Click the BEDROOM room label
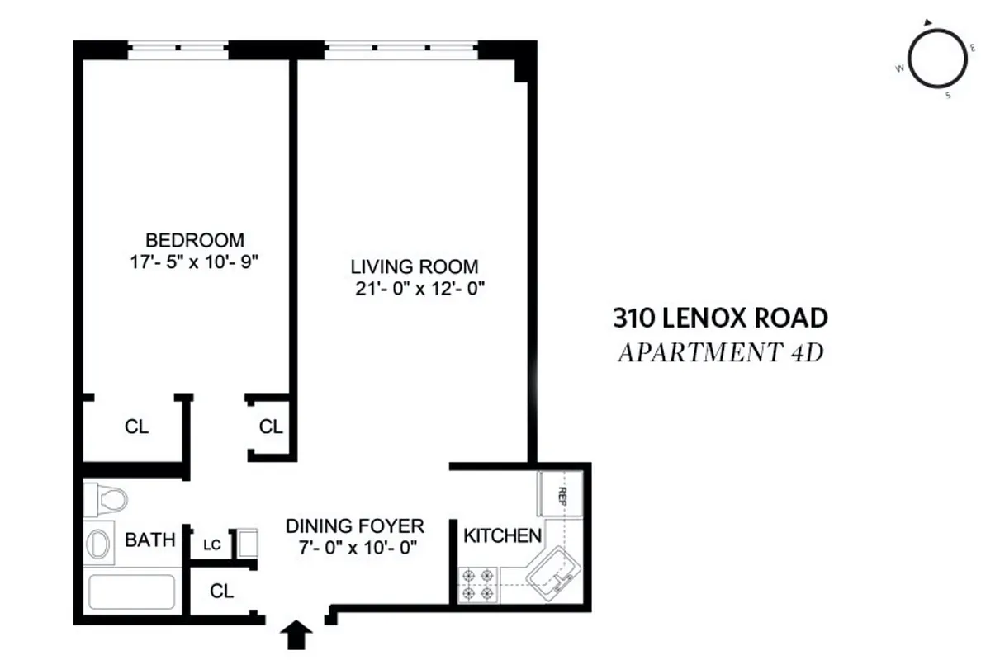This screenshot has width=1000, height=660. click(194, 240)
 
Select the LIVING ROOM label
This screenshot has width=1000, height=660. click(415, 266)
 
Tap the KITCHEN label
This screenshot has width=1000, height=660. click(502, 535)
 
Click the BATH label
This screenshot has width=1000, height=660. click(149, 540)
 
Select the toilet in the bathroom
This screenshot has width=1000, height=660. click(106, 499)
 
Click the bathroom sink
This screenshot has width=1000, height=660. click(98, 544)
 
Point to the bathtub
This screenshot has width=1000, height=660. click(131, 592)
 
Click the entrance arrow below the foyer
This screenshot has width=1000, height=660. click(297, 635)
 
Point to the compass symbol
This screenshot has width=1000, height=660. click(937, 58)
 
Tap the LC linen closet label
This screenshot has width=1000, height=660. click(212, 545)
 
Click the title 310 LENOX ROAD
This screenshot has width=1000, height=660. click(720, 317)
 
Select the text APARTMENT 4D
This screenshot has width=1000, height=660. click(720, 353)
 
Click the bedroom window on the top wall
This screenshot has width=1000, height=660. click(178, 50)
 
